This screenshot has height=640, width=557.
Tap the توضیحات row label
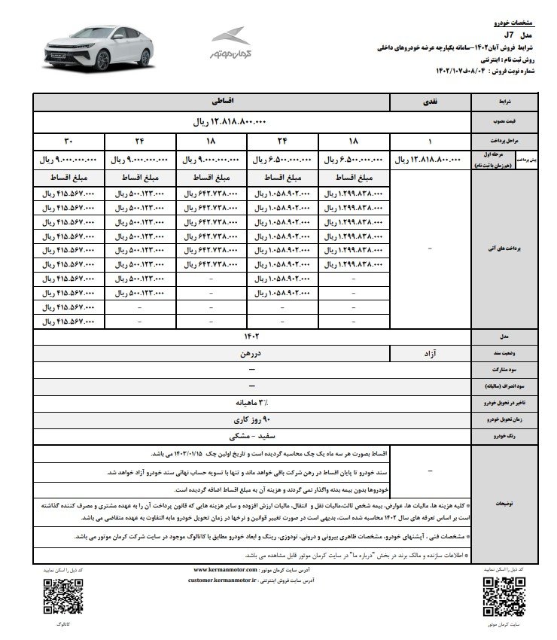click(x=503, y=507)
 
